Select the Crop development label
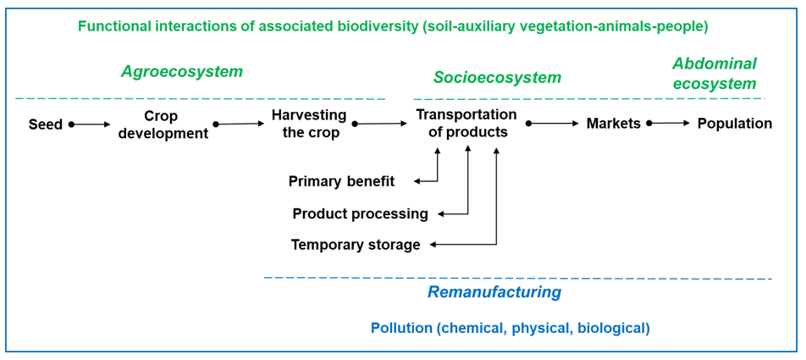point(162,125)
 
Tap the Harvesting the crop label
point(309,124)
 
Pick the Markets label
point(614,124)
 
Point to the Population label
point(735,124)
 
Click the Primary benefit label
point(341,181)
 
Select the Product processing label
point(361,213)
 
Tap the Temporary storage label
point(356,245)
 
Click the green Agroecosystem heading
point(182,72)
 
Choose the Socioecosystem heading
point(497,78)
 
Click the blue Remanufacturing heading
point(494,292)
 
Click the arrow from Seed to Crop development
point(91,124)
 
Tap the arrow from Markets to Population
point(669,124)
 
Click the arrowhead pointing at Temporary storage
point(433,245)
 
